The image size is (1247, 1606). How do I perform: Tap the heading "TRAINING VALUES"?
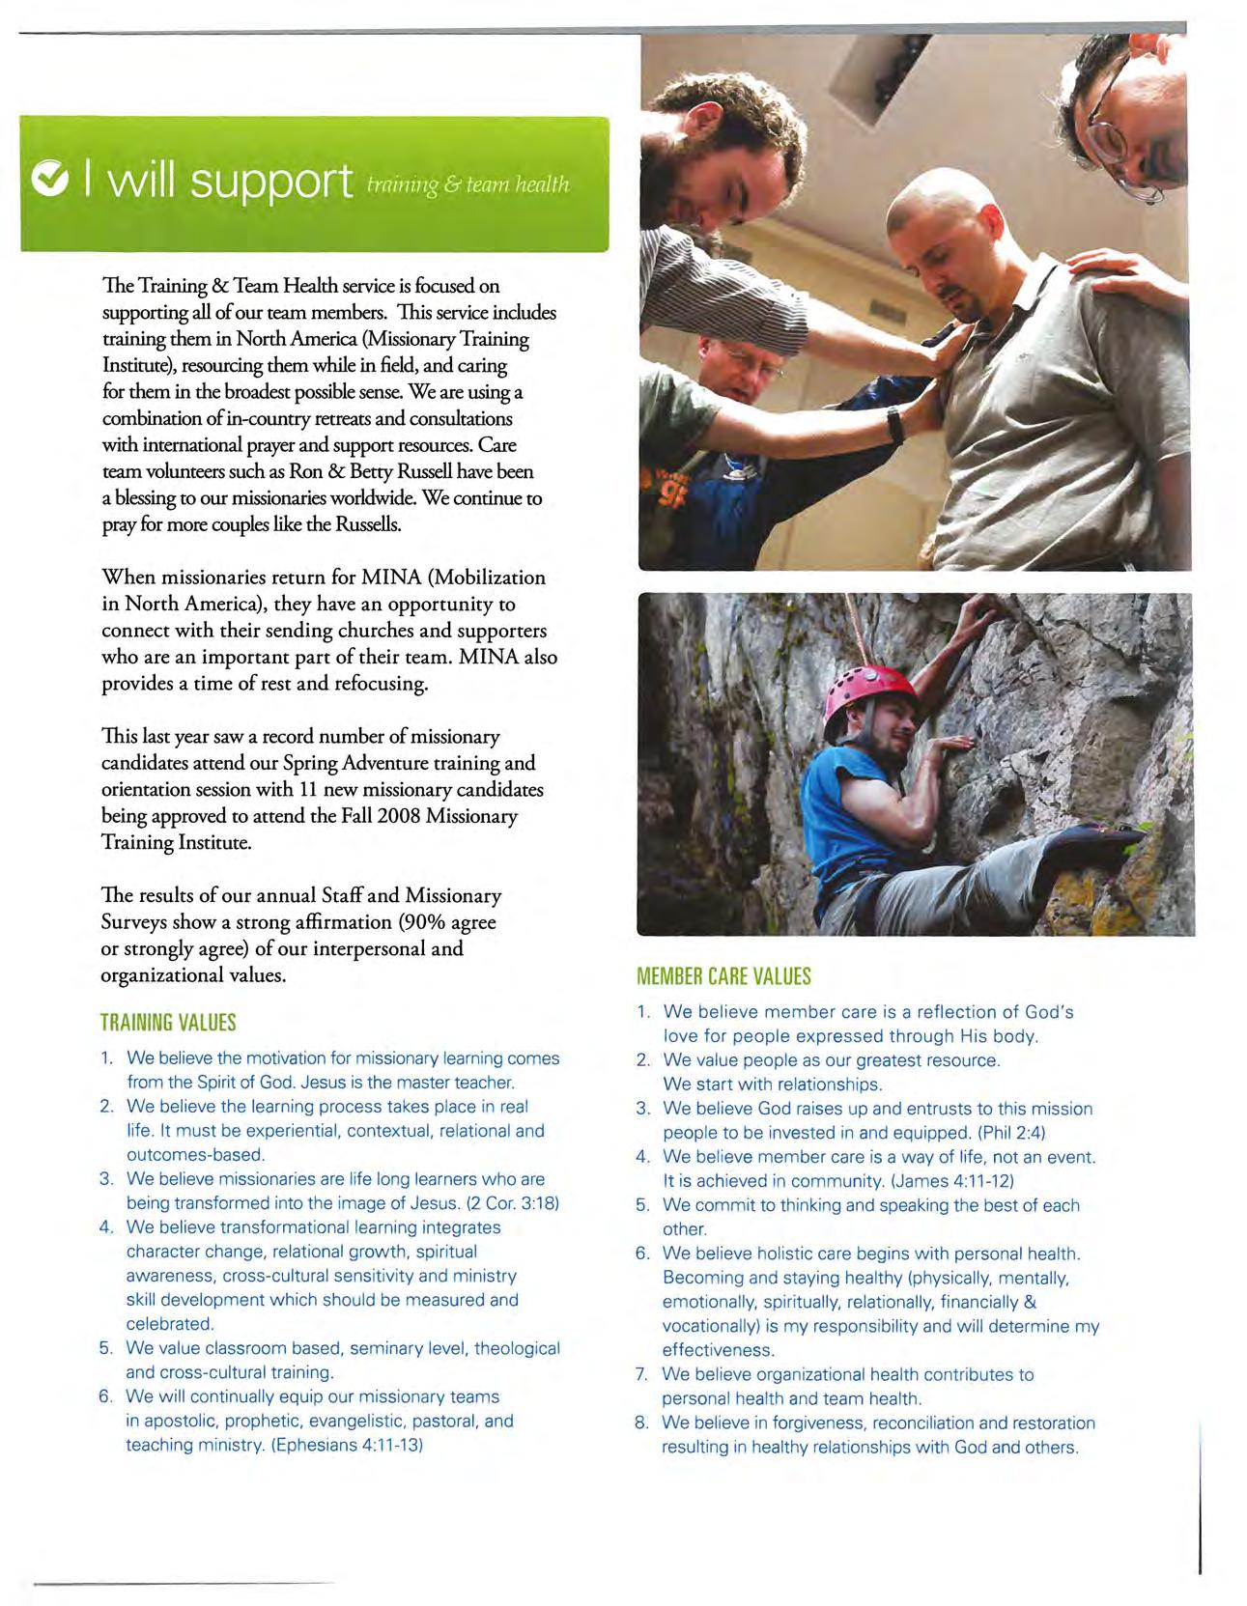click(168, 1022)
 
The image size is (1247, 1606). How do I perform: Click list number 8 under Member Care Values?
click(641, 1423)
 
